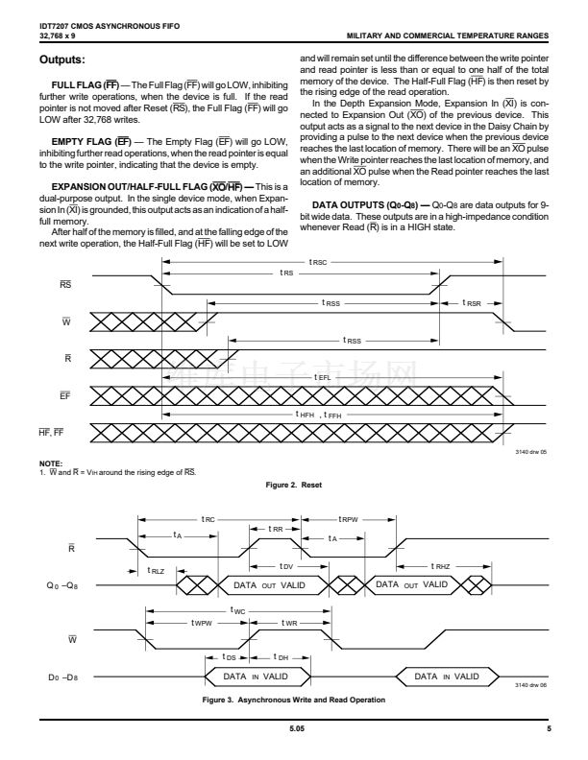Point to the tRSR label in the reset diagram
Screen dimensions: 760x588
pyautogui.click(x=472, y=303)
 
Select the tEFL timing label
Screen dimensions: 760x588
pyautogui.click(x=324, y=378)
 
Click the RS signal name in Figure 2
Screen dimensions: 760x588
pyautogui.click(x=64, y=285)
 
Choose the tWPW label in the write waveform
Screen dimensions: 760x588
pyautogui.click(x=203, y=622)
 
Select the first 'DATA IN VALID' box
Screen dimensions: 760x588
pyautogui.click(x=257, y=677)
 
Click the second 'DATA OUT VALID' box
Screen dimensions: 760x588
pyautogui.click(x=412, y=583)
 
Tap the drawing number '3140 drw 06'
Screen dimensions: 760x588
pyautogui.click(x=529, y=685)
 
